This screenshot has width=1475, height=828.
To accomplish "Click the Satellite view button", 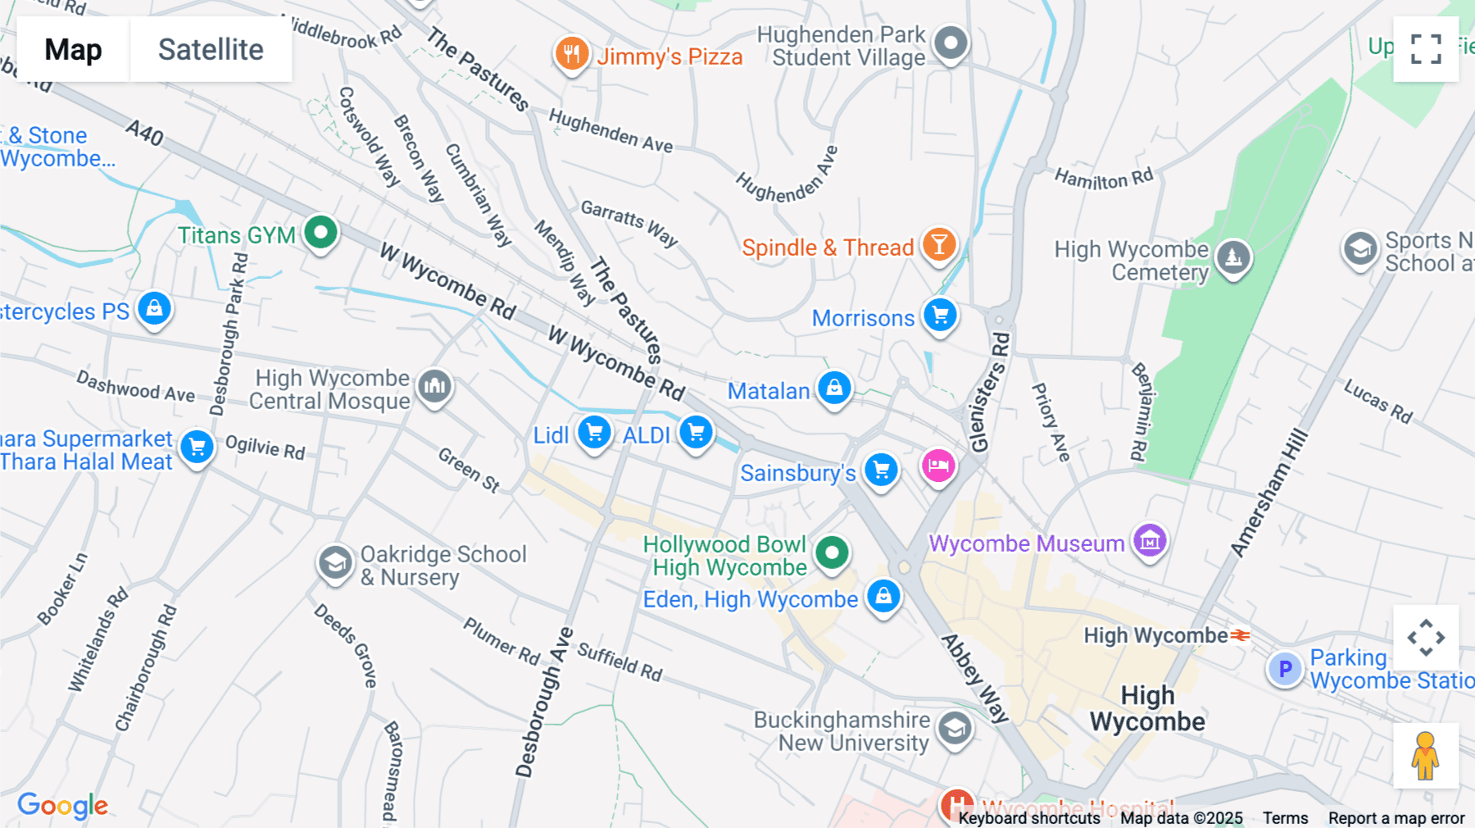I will (x=211, y=49).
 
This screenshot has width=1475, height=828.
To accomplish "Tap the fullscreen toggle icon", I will (x=1426, y=49).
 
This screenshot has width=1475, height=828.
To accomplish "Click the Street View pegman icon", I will (x=1425, y=755).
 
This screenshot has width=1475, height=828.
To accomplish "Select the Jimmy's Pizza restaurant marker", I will (x=572, y=54).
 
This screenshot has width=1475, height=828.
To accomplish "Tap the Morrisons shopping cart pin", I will (x=940, y=315).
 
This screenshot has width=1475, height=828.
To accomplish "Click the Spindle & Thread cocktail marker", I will (x=939, y=244).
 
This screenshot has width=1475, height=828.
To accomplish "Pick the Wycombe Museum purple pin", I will (x=1150, y=541).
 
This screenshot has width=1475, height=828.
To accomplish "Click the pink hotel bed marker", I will (x=938, y=466).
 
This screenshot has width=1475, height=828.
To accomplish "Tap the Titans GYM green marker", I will (x=320, y=233).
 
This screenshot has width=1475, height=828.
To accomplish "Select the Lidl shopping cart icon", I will (x=594, y=432).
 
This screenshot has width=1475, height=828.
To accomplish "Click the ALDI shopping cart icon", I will (x=696, y=432).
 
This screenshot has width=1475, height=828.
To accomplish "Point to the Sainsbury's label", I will (x=797, y=473).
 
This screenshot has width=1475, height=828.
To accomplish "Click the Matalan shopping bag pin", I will (x=834, y=388).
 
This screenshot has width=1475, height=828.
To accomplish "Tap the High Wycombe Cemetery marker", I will (x=1233, y=257).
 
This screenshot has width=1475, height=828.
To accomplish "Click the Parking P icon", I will (x=1285, y=669).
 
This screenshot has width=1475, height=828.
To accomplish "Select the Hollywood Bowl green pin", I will (x=832, y=553).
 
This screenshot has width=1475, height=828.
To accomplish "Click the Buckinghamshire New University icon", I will (x=955, y=728).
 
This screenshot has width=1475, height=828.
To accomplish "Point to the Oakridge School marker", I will (x=334, y=563).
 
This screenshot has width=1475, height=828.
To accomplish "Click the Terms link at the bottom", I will (x=1285, y=818).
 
